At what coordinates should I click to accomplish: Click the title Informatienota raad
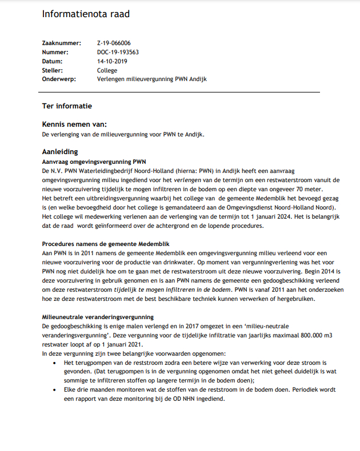(86, 14)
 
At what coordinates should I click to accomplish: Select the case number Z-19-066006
(114, 43)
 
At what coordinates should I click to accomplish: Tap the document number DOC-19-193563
(118, 52)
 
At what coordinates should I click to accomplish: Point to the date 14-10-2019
(112, 61)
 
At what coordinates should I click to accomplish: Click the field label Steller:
(53, 70)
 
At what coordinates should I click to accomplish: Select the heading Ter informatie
(67, 106)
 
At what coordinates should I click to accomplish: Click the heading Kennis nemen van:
(74, 124)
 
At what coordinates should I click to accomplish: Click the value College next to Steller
(107, 70)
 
